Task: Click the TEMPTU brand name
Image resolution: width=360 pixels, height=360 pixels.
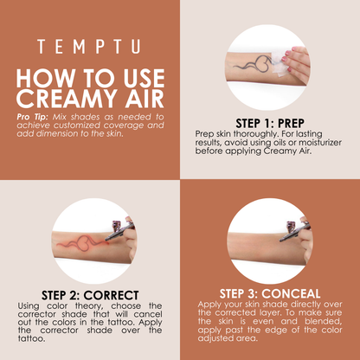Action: click(89, 46)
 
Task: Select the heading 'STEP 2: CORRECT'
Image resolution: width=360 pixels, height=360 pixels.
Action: click(89, 294)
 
